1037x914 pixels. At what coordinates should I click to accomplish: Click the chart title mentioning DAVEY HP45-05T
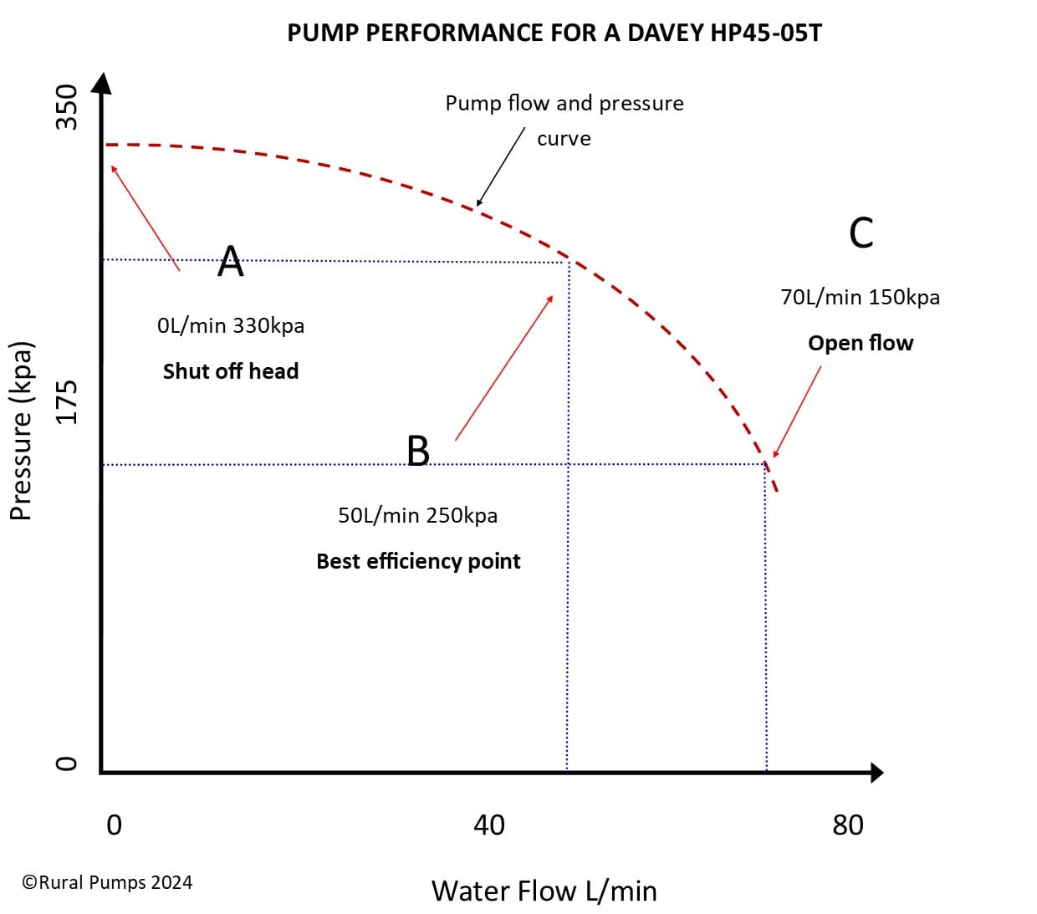pos(554,33)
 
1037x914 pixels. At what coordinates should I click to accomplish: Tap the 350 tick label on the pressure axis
pos(66,107)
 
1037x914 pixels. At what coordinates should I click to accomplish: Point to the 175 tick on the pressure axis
pos(66,401)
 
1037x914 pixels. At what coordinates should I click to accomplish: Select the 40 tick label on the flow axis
pos(489,825)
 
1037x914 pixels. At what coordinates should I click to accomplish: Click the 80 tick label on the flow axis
pos(847,825)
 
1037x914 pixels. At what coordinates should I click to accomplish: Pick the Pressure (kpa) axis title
pos(21,431)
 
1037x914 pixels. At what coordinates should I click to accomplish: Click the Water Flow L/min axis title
pos(544,891)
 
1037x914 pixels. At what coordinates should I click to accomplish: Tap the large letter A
pos(231,261)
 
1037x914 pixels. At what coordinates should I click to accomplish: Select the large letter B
pos(418,451)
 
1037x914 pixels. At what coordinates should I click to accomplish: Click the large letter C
pos(861,232)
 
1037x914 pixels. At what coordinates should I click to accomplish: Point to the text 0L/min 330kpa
pos(231,325)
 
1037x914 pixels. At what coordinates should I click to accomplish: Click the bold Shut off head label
pos(231,371)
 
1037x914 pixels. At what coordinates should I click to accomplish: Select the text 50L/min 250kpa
pos(417,515)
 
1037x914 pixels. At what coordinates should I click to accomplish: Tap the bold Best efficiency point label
pos(418,561)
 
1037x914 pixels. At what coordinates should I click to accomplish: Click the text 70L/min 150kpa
pos(860,298)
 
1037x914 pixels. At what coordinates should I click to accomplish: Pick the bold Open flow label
pos(861,343)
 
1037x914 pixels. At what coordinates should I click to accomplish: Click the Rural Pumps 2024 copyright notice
pos(107,882)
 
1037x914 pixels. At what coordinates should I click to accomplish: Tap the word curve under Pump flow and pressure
pos(564,139)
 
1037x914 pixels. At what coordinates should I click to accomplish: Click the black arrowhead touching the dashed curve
pos(479,202)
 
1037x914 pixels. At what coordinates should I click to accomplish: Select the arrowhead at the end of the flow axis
pos(876,773)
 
